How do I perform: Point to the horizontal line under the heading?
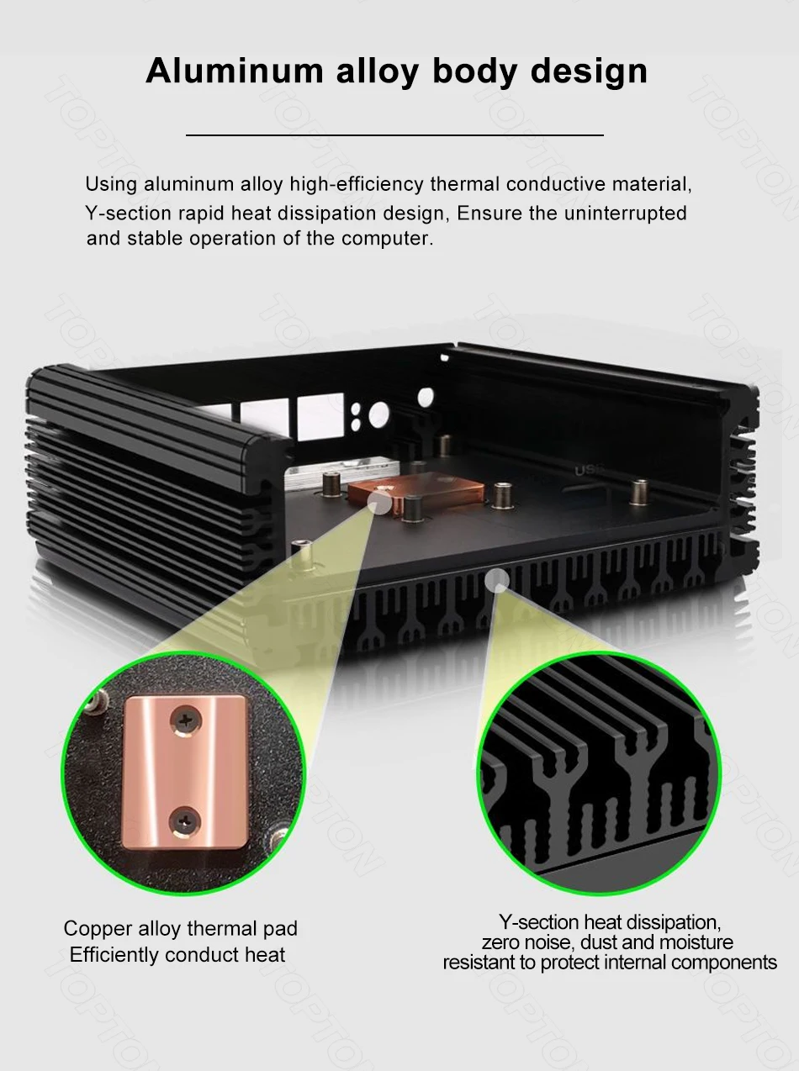tap(394, 135)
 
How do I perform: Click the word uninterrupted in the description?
tap(625, 213)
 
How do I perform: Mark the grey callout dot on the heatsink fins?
tap(498, 579)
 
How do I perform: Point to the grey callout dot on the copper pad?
tap(379, 502)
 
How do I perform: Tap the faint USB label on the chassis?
tap(586, 471)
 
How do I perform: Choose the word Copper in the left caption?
tap(98, 929)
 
